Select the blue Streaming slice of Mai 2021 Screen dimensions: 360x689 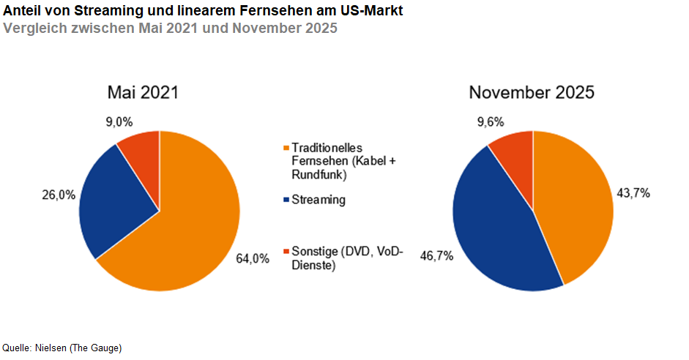click(117, 205)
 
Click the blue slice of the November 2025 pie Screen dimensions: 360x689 click(498, 227)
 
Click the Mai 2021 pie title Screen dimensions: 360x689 click(143, 93)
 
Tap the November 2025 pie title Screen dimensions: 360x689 click(532, 93)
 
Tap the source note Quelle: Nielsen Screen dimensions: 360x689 click(62, 348)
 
